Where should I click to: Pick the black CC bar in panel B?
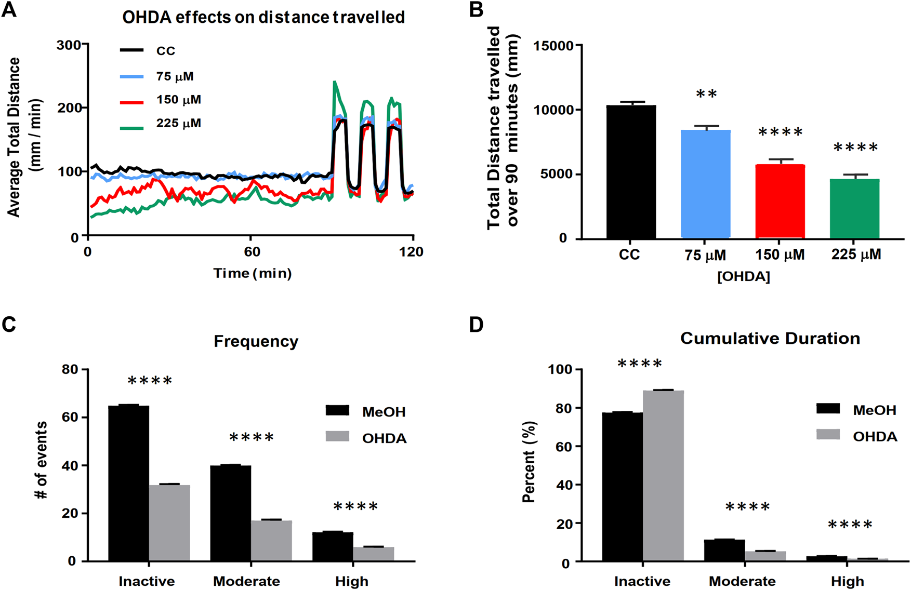point(631,172)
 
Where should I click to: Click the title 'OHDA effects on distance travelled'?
point(263,17)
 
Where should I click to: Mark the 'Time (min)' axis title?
point(253,273)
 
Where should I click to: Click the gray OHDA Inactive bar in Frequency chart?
point(169,522)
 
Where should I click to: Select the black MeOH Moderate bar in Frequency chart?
point(230,513)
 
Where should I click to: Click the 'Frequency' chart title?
point(256,341)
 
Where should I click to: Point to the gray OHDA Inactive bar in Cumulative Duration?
point(663,476)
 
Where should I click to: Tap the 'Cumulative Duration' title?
point(770,339)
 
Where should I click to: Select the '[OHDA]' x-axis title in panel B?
point(744,277)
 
